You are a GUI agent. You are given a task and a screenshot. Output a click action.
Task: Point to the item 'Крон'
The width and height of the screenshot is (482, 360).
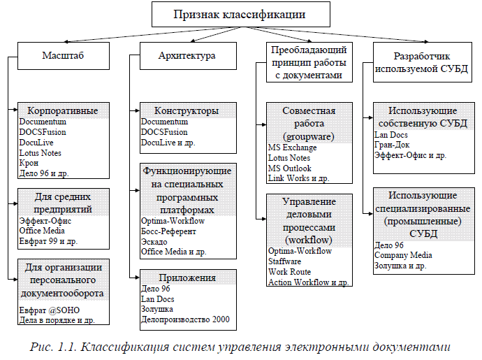29,163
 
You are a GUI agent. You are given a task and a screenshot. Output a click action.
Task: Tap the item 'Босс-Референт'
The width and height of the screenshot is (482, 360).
168,231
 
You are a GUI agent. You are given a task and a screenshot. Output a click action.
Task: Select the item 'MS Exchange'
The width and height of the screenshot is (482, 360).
292,147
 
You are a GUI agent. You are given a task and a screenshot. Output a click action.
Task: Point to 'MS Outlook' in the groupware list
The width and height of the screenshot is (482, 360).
290,168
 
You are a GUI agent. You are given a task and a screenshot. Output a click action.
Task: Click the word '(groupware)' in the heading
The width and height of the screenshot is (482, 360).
308,135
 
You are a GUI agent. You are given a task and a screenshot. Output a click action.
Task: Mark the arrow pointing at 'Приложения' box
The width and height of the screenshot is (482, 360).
135,278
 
